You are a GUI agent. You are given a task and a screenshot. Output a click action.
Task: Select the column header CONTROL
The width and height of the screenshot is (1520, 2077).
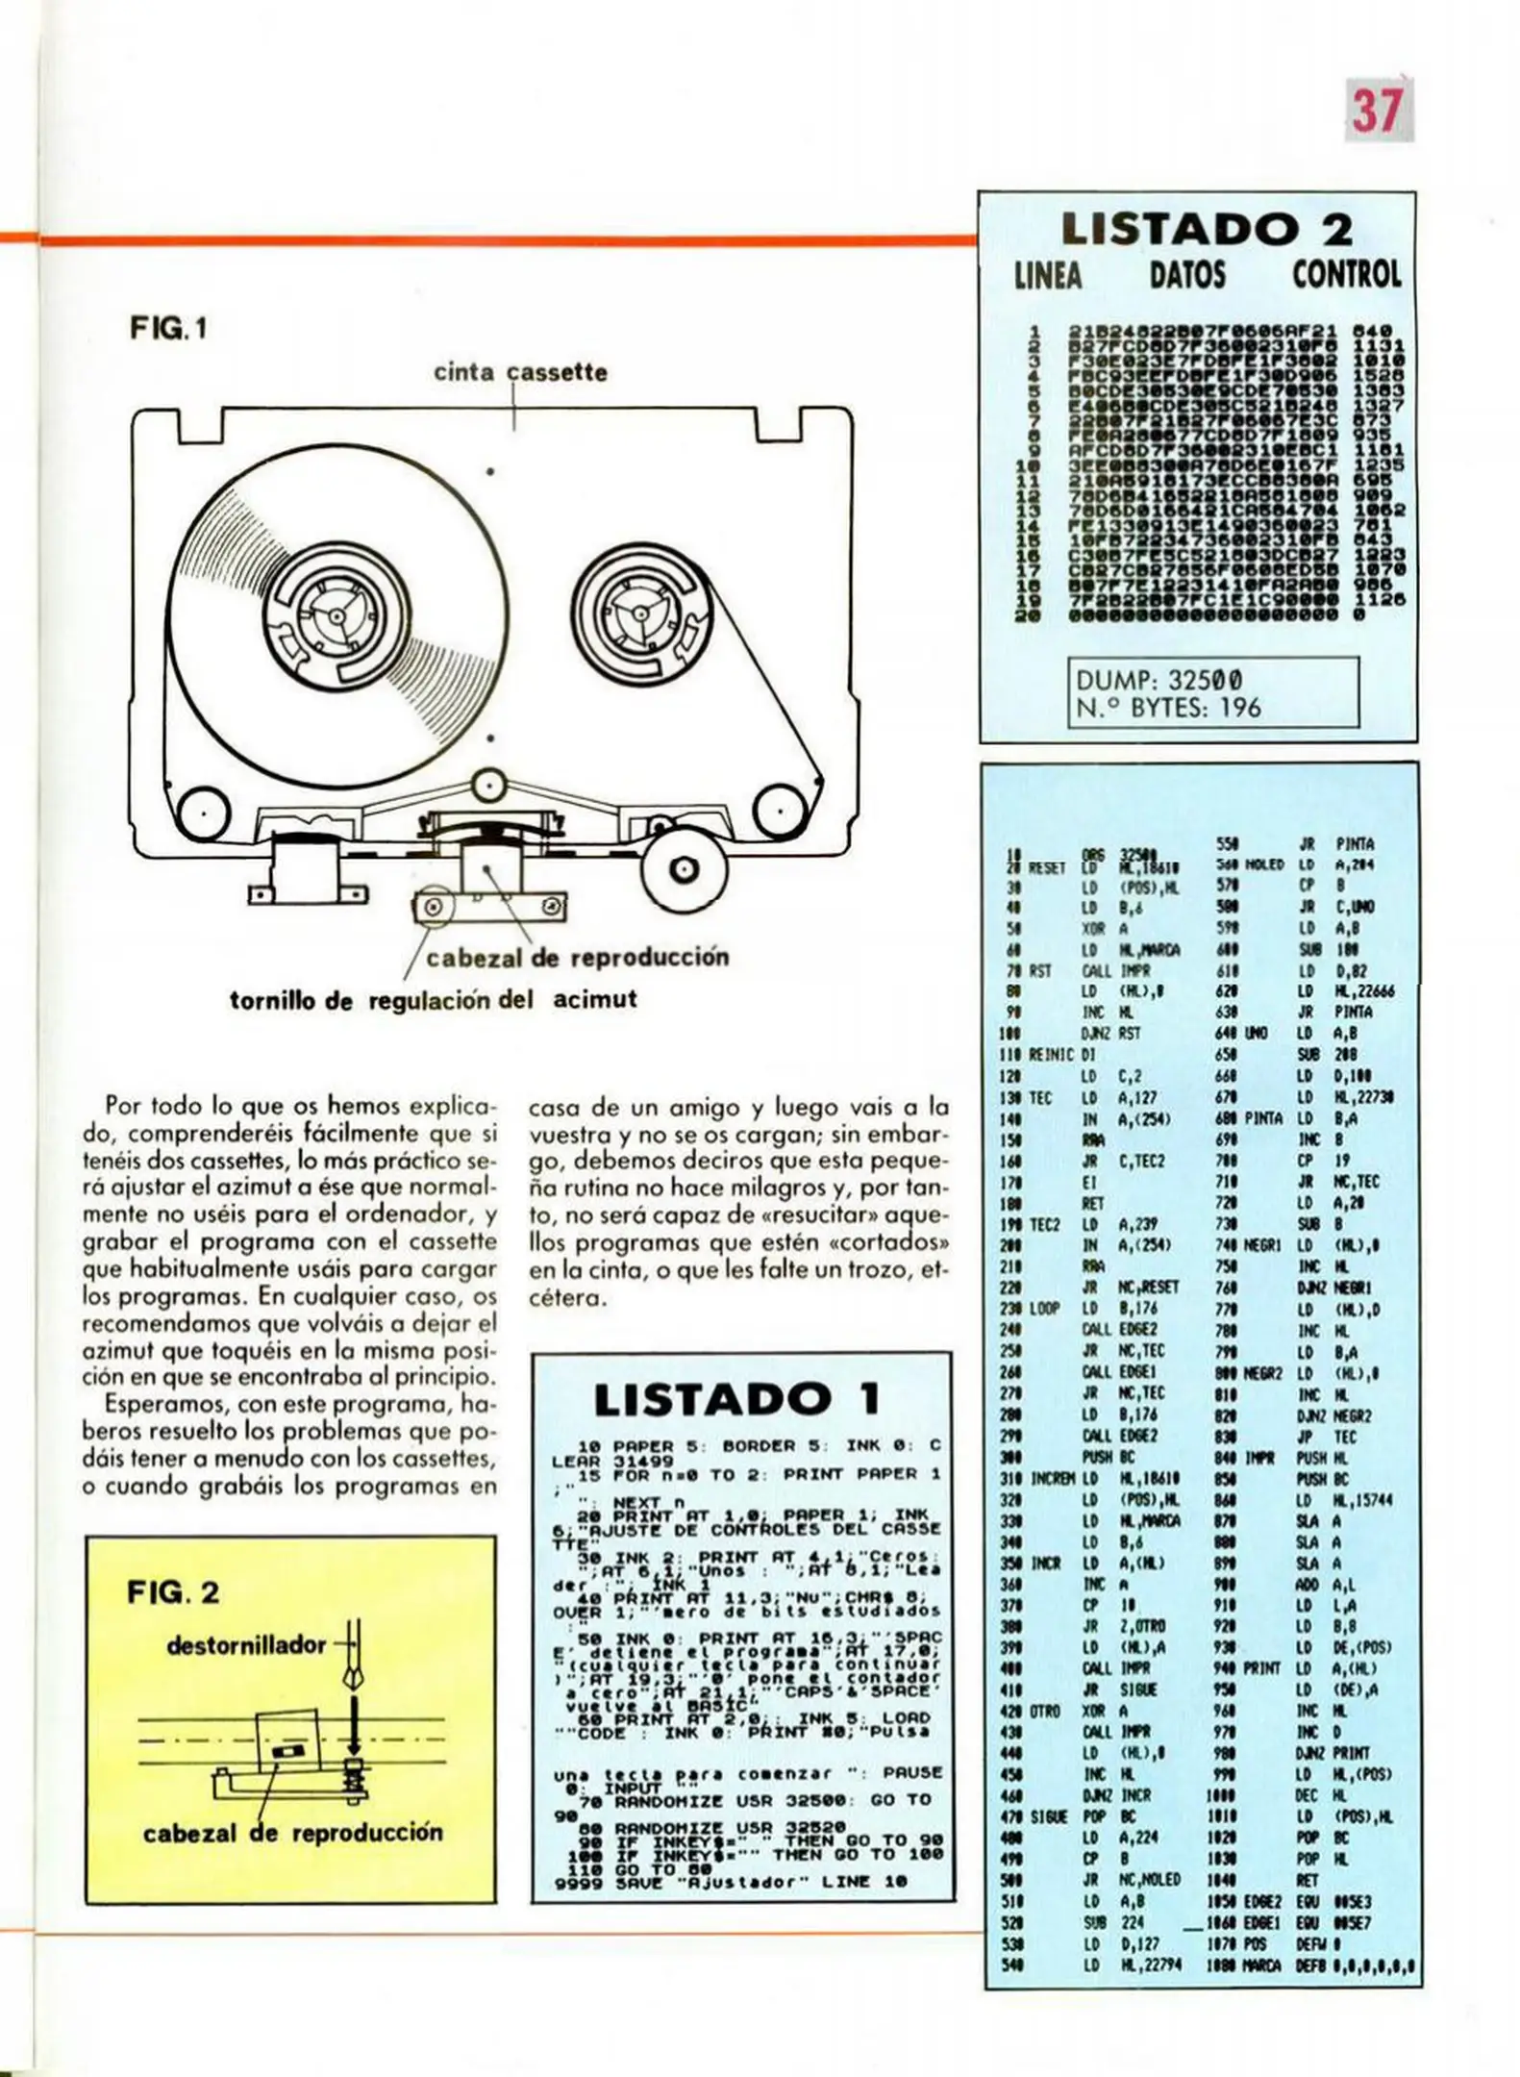(x=1345, y=276)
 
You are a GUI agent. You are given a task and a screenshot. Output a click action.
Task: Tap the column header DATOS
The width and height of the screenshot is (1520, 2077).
(x=1187, y=276)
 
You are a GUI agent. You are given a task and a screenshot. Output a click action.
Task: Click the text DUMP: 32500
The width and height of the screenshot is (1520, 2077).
(x=1159, y=679)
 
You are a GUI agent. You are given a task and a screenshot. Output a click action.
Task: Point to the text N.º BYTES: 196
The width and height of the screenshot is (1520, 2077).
(x=1167, y=709)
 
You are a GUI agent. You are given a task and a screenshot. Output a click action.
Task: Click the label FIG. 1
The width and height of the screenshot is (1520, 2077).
(x=168, y=330)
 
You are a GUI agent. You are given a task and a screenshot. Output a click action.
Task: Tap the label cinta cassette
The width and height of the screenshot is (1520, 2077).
(x=520, y=372)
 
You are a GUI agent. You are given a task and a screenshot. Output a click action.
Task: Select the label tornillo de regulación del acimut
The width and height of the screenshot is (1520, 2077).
(x=433, y=999)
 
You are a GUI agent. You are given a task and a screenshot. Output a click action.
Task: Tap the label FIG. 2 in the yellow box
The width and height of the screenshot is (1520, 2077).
(x=173, y=1592)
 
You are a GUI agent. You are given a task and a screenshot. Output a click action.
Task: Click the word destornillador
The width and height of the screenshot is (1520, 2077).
(x=246, y=1645)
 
